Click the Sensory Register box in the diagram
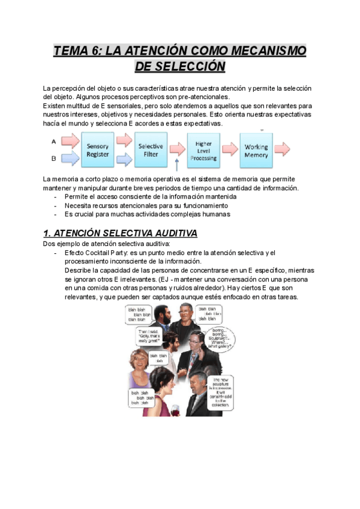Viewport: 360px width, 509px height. pos(98,150)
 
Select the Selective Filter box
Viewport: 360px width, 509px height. pos(151,150)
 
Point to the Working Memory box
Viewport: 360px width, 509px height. pos(256,151)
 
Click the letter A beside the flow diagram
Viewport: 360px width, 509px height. pos(54,142)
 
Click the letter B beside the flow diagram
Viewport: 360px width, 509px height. pos(54,159)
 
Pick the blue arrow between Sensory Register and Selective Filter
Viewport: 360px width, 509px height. pos(124,160)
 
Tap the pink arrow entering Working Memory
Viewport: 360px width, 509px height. pos(230,149)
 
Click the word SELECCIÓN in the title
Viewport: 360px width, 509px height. pos(180,66)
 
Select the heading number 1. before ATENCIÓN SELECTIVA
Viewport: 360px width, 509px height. pos(47,233)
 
